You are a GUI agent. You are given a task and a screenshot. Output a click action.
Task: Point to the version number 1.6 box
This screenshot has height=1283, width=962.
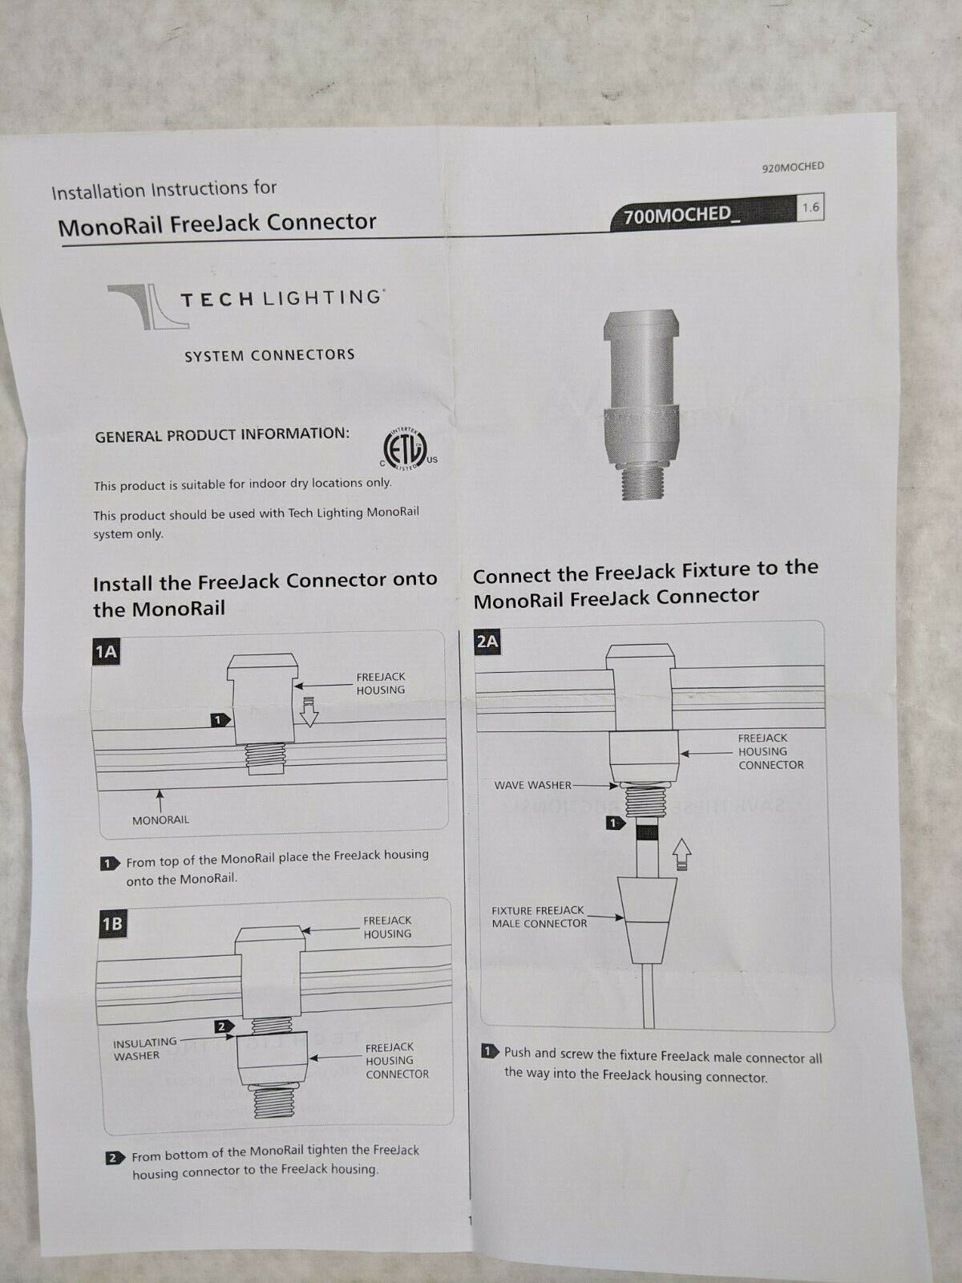[x=810, y=208]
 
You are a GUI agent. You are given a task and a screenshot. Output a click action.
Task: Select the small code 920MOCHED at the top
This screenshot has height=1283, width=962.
[x=793, y=167]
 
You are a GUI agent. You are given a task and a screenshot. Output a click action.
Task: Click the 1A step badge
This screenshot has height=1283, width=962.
[x=106, y=652]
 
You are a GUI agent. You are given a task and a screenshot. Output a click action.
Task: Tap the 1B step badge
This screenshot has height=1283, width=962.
[x=112, y=924]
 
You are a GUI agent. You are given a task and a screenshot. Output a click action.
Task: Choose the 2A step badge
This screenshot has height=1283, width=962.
[x=487, y=642]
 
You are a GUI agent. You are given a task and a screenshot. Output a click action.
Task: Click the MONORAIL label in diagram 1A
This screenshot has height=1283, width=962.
[x=160, y=820]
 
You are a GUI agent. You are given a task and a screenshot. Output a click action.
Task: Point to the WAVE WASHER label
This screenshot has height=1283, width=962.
[x=532, y=785]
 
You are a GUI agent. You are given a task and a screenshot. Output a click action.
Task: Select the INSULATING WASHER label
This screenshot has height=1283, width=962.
[x=144, y=1049]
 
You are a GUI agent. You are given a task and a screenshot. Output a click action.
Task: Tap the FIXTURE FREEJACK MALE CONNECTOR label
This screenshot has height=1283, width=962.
[x=539, y=917]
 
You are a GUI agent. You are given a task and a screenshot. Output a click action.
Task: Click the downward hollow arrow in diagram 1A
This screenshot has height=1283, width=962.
[x=309, y=711]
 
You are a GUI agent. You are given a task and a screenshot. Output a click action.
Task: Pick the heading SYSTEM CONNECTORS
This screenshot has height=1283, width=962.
[x=270, y=355]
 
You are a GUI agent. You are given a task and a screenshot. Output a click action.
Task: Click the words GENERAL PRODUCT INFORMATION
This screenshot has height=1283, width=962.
[x=222, y=435]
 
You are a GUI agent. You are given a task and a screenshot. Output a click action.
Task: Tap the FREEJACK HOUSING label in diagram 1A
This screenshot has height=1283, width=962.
[x=380, y=683]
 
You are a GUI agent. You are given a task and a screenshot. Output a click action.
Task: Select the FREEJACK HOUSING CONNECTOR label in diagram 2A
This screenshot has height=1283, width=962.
[x=770, y=751]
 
